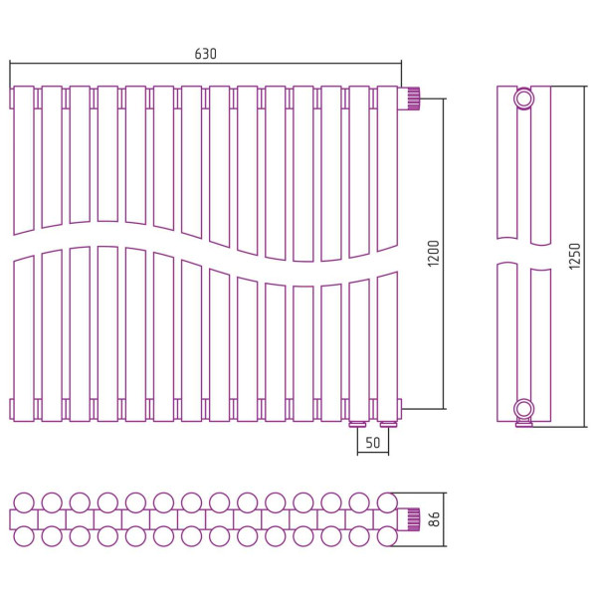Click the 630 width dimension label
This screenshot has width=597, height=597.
tap(205, 54)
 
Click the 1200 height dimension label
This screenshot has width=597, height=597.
tap(433, 253)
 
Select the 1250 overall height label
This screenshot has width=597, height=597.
tap(574, 257)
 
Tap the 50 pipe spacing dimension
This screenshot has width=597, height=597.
tap(373, 443)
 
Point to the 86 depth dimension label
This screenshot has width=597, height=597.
tap(434, 519)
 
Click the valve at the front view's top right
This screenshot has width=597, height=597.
tap(409, 99)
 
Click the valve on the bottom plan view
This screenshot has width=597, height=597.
tap(409, 519)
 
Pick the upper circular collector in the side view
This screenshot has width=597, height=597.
tap(523, 99)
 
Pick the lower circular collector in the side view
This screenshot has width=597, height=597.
tap(523, 409)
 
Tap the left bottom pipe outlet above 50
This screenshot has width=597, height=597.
tap(358, 424)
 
